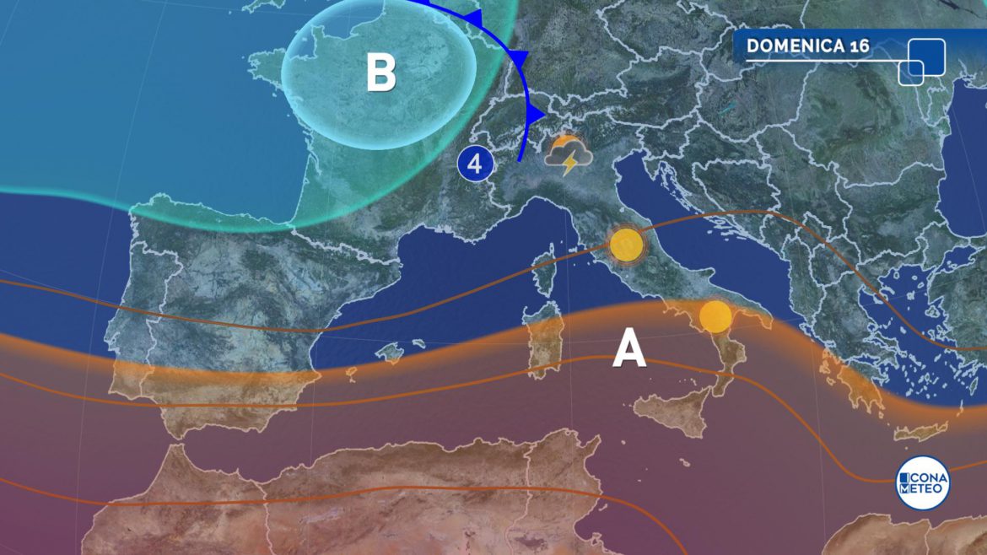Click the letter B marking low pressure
(380, 72)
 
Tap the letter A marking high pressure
(629, 348)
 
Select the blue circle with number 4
(475, 164)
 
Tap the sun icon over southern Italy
(715, 317)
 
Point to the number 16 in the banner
(859, 46)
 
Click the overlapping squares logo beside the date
(921, 62)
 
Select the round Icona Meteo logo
(922, 482)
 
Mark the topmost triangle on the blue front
(475, 17)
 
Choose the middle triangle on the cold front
(518, 57)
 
